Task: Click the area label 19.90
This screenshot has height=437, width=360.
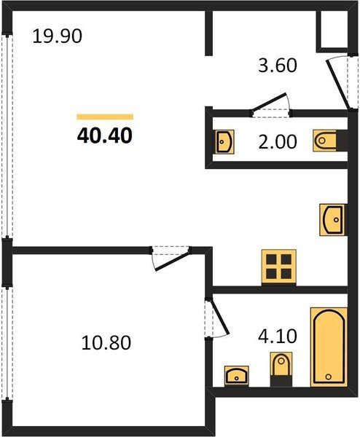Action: (57, 36)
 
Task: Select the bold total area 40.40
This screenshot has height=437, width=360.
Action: (104, 136)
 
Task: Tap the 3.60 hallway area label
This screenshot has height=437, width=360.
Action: (278, 66)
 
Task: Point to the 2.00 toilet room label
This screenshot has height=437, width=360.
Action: (278, 142)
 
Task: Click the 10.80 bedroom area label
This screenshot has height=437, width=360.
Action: (106, 343)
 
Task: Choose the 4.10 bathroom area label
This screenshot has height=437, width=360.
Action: (278, 336)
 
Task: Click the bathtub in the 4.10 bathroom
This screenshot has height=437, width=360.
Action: (329, 347)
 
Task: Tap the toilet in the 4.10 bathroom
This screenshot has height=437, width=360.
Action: (281, 369)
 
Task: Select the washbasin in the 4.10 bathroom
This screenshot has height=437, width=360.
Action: (236, 376)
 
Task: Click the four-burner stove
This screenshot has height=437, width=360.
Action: (278, 267)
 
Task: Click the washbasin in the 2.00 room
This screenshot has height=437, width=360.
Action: (224, 141)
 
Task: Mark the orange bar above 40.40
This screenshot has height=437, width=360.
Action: (105, 117)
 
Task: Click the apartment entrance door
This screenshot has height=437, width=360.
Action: (338, 84)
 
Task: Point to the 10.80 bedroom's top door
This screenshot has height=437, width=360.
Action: (171, 258)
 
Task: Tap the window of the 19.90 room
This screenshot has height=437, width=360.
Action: (7, 135)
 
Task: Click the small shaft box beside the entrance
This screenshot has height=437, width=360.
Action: (334, 30)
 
